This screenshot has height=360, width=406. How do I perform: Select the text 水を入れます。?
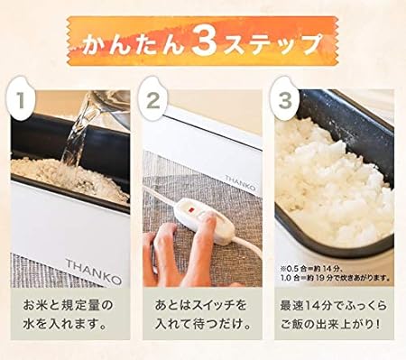point(69,325)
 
